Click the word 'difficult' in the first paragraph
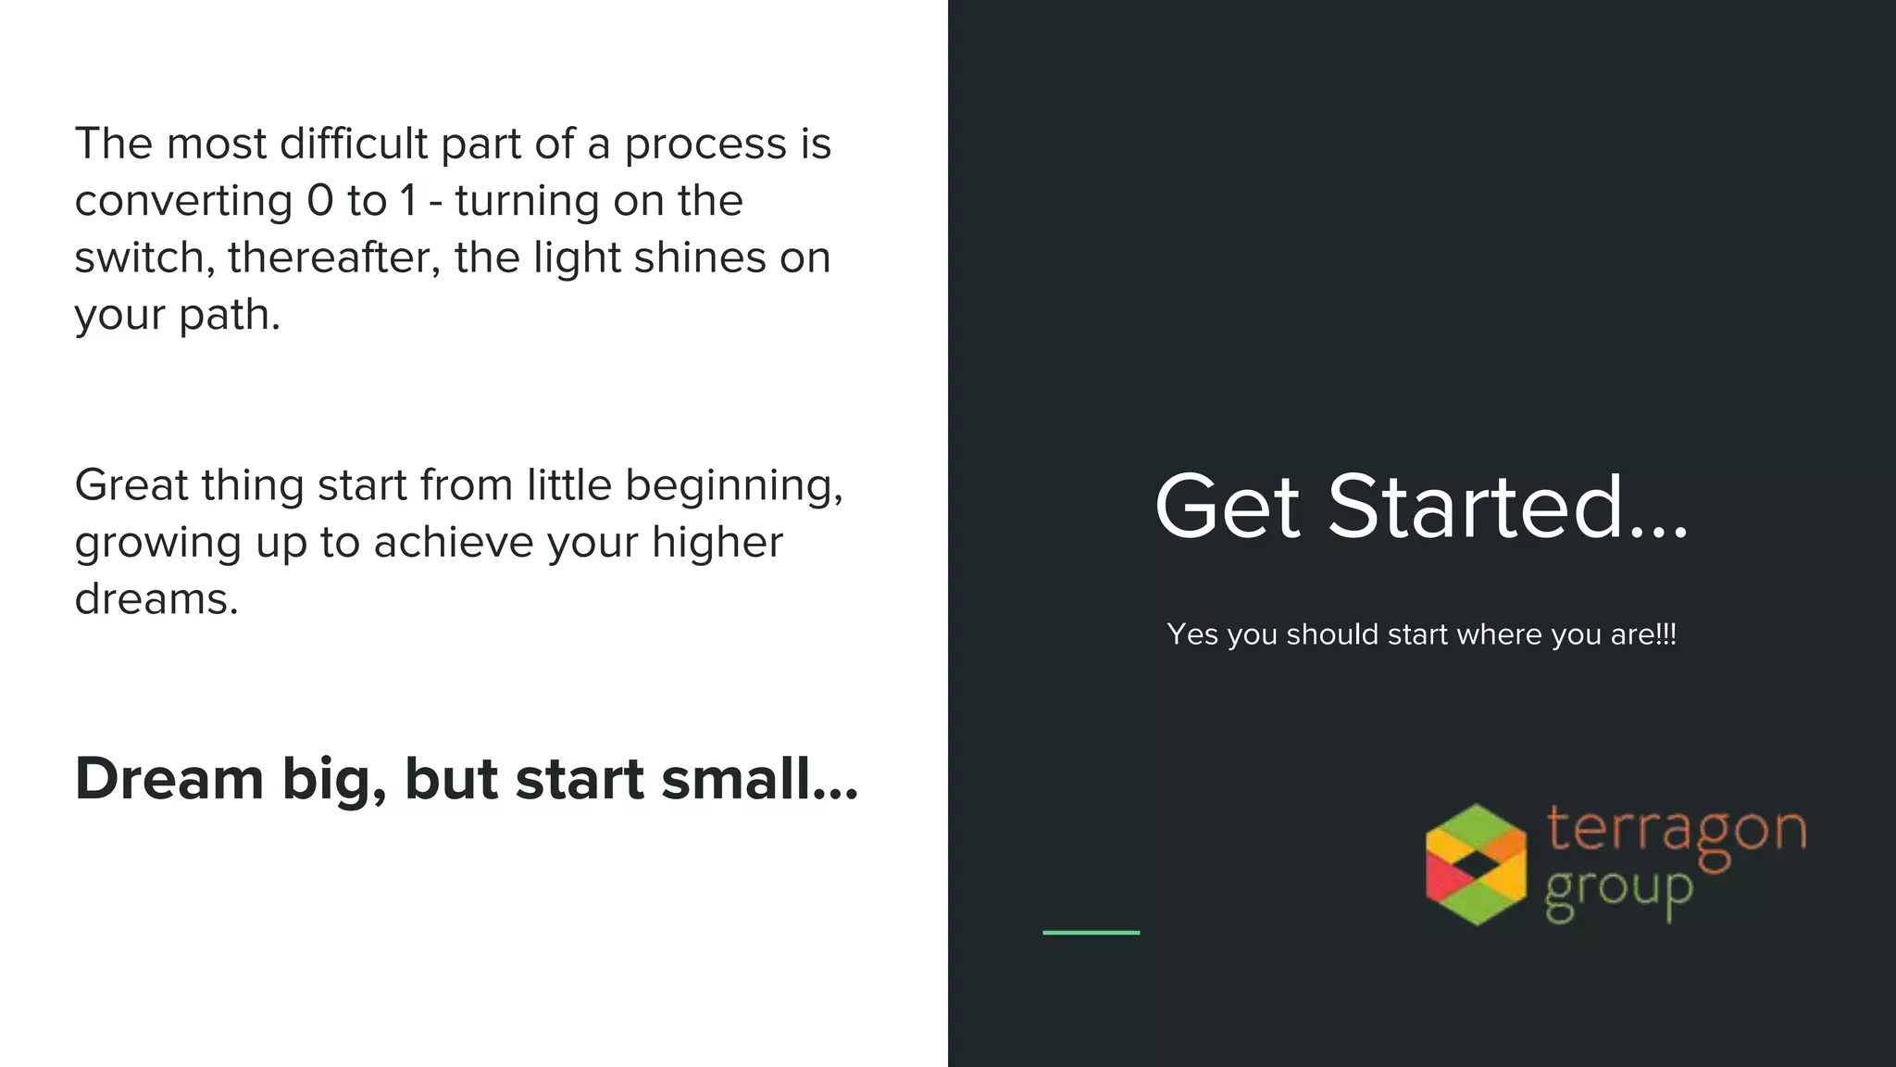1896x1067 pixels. tap(354, 144)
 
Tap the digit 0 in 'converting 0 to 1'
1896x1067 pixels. tap(319, 200)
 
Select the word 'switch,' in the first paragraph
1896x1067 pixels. tap(144, 257)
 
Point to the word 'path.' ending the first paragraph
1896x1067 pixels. tap(229, 315)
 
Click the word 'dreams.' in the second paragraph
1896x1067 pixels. tap(156, 599)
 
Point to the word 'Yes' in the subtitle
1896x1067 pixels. tap(1192, 634)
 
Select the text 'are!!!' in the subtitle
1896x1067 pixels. tap(1643, 634)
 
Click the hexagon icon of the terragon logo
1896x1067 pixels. tap(1476, 864)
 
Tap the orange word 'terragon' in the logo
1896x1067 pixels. tap(1676, 830)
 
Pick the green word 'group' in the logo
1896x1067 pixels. tap(1618, 891)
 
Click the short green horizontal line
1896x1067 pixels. tap(1091, 932)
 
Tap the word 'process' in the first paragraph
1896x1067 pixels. tap(705, 145)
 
